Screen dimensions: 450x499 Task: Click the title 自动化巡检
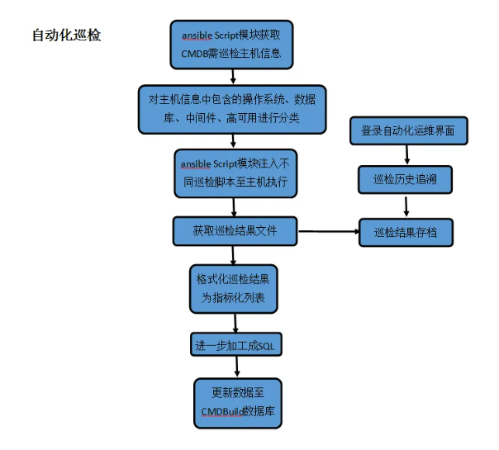66,36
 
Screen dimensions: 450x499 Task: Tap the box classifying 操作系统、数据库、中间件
231,108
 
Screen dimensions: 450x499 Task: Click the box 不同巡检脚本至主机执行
235,172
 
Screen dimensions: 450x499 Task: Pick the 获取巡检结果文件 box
235,230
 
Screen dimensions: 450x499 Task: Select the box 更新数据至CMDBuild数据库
237,402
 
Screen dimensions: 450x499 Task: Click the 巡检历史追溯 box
406,179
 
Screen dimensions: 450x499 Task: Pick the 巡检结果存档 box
406,232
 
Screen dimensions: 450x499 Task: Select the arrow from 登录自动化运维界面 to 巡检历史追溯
406,154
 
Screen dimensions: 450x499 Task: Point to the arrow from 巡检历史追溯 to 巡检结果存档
406,206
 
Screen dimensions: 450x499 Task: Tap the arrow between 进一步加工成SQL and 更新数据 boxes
237,367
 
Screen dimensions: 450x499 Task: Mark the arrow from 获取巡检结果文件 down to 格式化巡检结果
235,254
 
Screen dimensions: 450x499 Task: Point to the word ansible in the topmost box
197,36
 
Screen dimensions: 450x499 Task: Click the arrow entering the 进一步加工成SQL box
236,324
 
